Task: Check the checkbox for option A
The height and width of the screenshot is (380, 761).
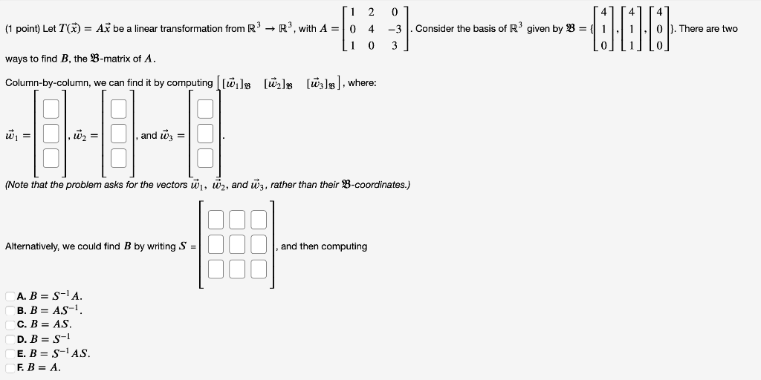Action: pyautogui.click(x=10, y=296)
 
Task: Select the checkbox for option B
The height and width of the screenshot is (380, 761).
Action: pyautogui.click(x=10, y=310)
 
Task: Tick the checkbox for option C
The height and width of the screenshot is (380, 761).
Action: pyautogui.click(x=10, y=324)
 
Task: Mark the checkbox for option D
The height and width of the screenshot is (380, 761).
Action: pyautogui.click(x=10, y=338)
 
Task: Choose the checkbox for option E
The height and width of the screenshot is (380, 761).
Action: pyautogui.click(x=10, y=353)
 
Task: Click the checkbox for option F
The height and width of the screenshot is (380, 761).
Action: pyautogui.click(x=10, y=367)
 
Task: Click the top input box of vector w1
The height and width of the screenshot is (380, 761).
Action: pyautogui.click(x=51, y=110)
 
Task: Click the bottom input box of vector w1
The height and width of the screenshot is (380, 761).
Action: pyautogui.click(x=51, y=157)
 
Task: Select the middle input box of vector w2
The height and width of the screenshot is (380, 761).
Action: pyautogui.click(x=118, y=134)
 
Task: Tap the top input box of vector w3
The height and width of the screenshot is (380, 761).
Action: pyautogui.click(x=205, y=110)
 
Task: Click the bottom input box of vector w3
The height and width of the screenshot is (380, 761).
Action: pyautogui.click(x=205, y=157)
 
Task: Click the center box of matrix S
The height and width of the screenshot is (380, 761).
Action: pyautogui.click(x=238, y=245)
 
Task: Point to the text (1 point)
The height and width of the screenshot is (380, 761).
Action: pyautogui.click(x=22, y=29)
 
